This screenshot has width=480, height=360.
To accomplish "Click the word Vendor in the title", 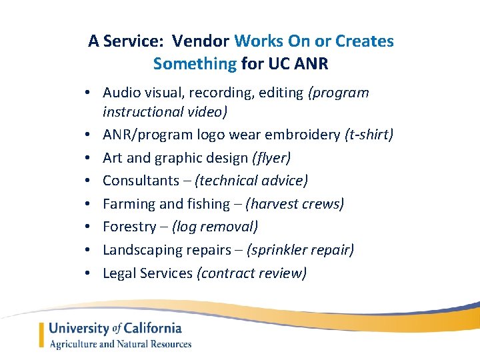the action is pyautogui.click(x=201, y=41).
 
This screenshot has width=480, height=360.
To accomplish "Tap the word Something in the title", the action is pyautogui.click(x=195, y=65).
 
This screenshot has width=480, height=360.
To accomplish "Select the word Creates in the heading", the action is pyautogui.click(x=365, y=41).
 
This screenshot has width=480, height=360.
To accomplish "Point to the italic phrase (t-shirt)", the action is pyautogui.click(x=369, y=135).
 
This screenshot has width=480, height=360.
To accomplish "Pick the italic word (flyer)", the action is pyautogui.click(x=271, y=158).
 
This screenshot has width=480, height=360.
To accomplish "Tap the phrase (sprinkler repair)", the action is pyautogui.click(x=300, y=250).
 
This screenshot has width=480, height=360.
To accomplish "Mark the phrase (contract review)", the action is pyautogui.click(x=251, y=273).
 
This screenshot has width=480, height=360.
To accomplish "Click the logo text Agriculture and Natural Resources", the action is pyautogui.click(x=121, y=345).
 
